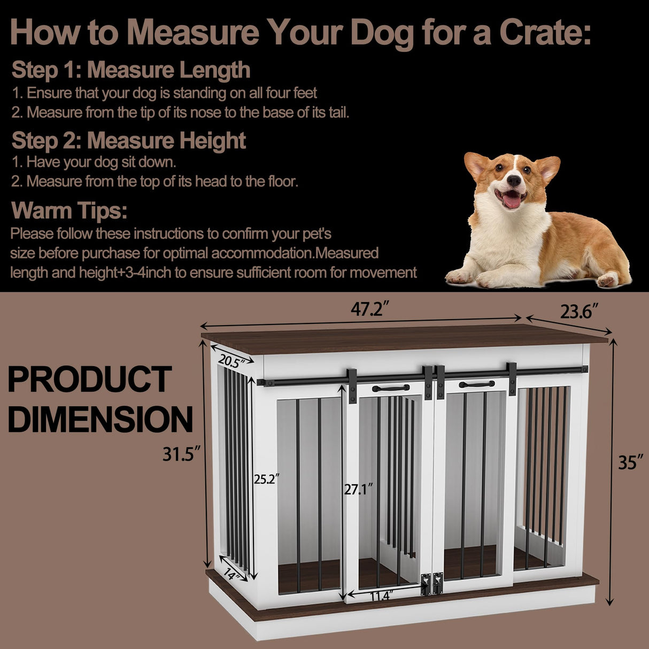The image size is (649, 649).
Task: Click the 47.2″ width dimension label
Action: (x=369, y=309)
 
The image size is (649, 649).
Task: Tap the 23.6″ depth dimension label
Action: (x=579, y=311)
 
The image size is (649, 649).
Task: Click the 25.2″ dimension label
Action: (x=267, y=480)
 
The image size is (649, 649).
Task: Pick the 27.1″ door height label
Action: (x=358, y=489)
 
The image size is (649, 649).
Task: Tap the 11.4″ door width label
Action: (x=380, y=596)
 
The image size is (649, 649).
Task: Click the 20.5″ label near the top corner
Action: (x=231, y=362)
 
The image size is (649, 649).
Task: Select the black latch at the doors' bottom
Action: (x=431, y=584)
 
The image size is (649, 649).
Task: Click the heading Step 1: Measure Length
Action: (x=131, y=70)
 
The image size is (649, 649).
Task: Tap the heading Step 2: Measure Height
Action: (x=128, y=140)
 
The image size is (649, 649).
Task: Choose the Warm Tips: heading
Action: (x=69, y=210)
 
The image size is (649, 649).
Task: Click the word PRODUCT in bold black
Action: (x=89, y=379)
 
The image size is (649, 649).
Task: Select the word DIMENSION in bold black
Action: (x=100, y=419)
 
